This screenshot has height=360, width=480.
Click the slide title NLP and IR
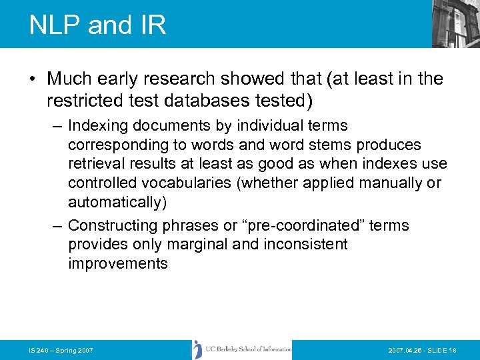pyautogui.click(x=97, y=25)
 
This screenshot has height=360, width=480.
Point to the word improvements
pyautogui.click(x=118, y=263)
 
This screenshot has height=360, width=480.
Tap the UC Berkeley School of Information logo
pyautogui.click(x=241, y=349)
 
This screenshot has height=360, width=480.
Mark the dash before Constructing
pyautogui.click(x=59, y=225)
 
